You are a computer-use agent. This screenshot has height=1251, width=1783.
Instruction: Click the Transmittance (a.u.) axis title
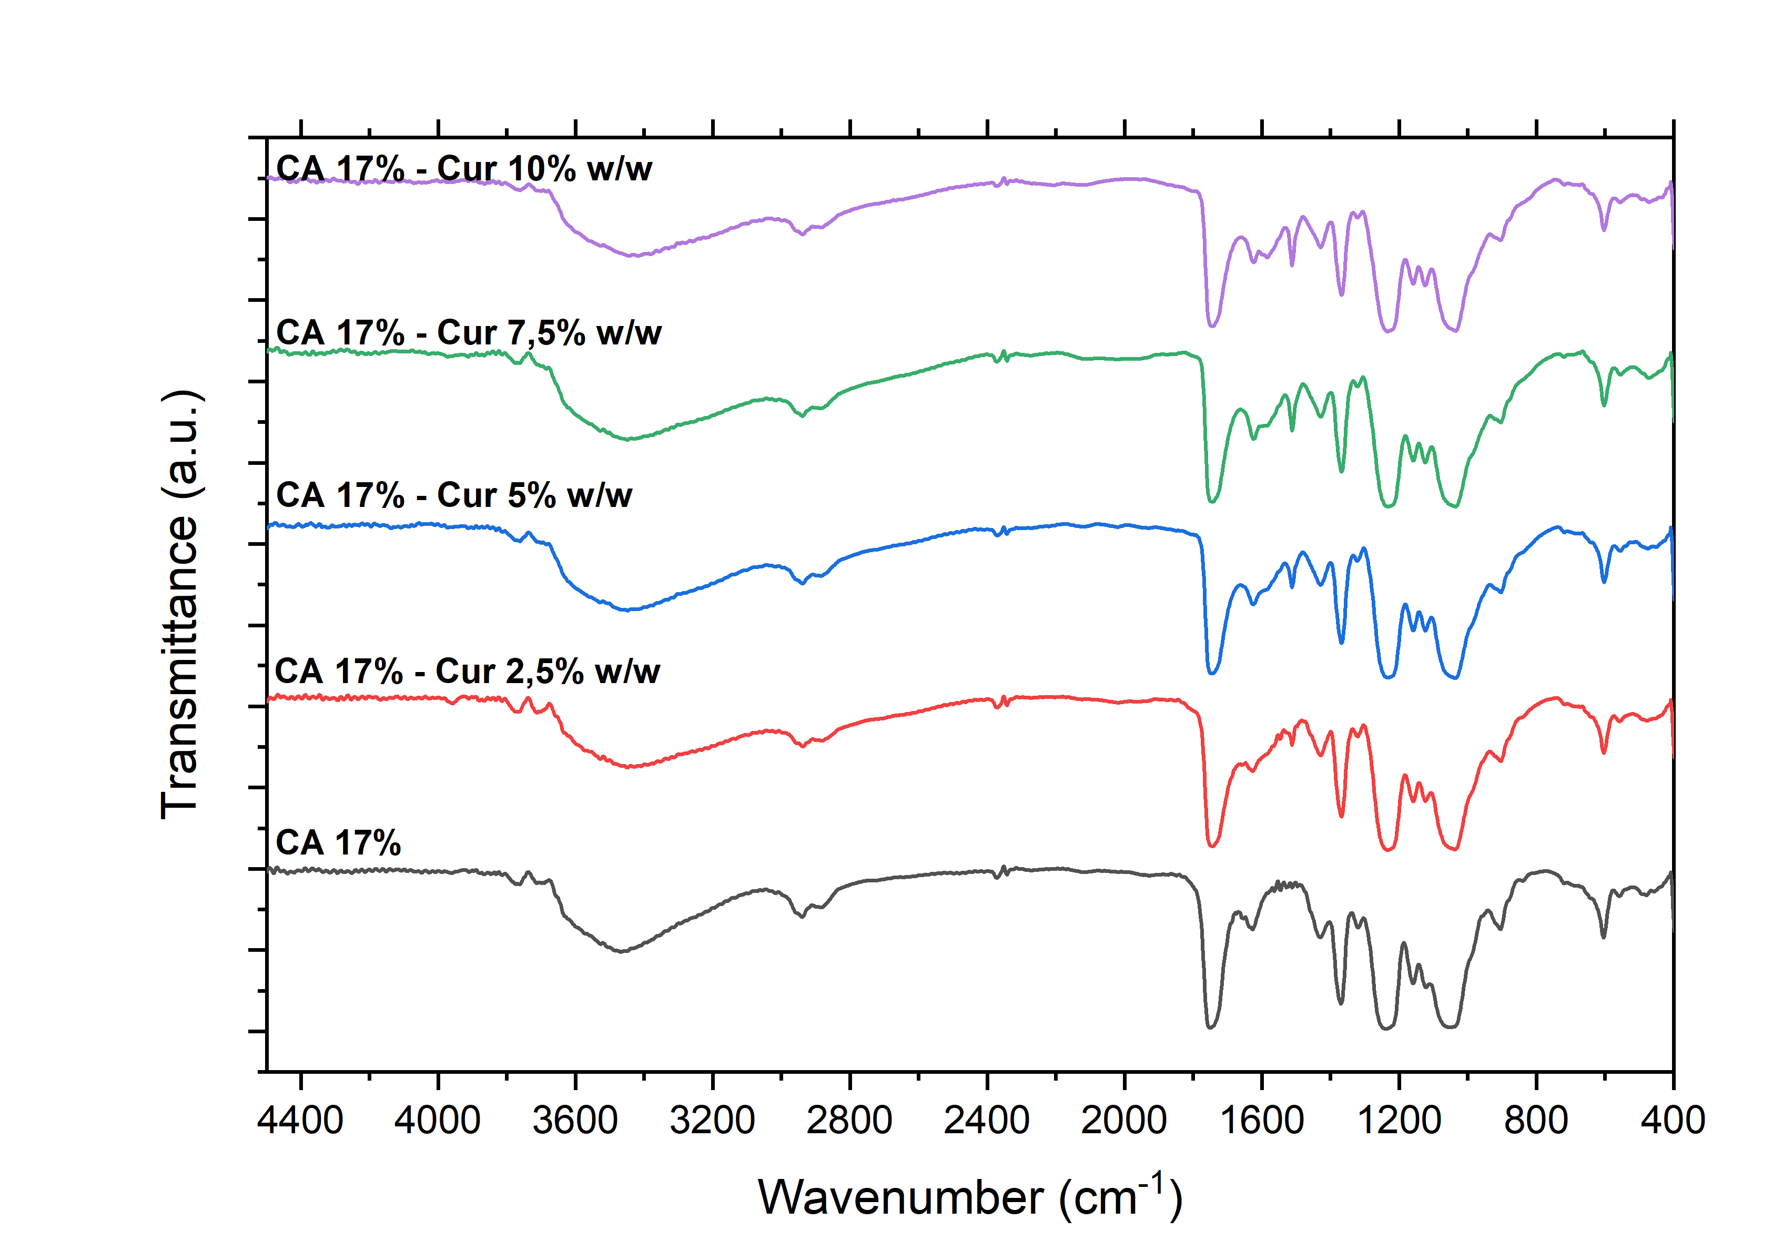pyautogui.click(x=180, y=604)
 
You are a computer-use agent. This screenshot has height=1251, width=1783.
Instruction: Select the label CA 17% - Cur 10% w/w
pyautogui.click(x=464, y=168)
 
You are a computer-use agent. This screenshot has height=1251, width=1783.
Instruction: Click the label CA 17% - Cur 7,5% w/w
pyautogui.click(x=469, y=332)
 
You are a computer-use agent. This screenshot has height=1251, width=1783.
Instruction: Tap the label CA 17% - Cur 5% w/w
pyautogui.click(x=454, y=495)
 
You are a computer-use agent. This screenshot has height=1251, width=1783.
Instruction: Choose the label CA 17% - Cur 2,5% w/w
pyautogui.click(x=468, y=672)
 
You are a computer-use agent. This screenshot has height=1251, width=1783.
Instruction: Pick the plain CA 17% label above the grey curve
pyautogui.click(x=339, y=842)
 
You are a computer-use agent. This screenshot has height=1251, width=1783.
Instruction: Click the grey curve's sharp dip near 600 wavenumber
pyautogui.click(x=1604, y=935)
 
